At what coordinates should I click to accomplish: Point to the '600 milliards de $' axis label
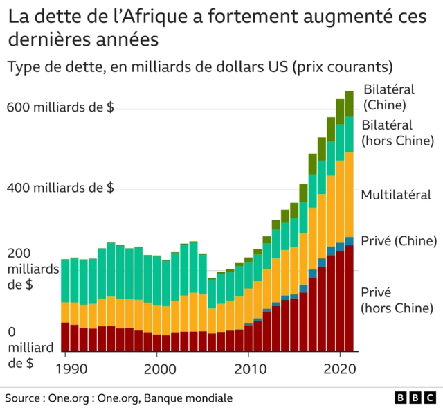pos(60,107)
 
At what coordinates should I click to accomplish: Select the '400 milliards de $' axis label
pos(60,188)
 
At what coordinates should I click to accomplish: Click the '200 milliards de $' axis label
pos(32,269)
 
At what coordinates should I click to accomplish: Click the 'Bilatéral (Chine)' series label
pos(388,97)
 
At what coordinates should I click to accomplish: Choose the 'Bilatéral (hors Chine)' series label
pos(397,132)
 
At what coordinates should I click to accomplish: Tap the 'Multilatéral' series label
pos(396,195)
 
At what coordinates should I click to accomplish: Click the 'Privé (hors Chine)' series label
pos(397,299)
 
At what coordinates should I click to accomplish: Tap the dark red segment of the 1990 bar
pos(65,337)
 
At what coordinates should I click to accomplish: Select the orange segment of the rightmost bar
pos(350,194)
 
